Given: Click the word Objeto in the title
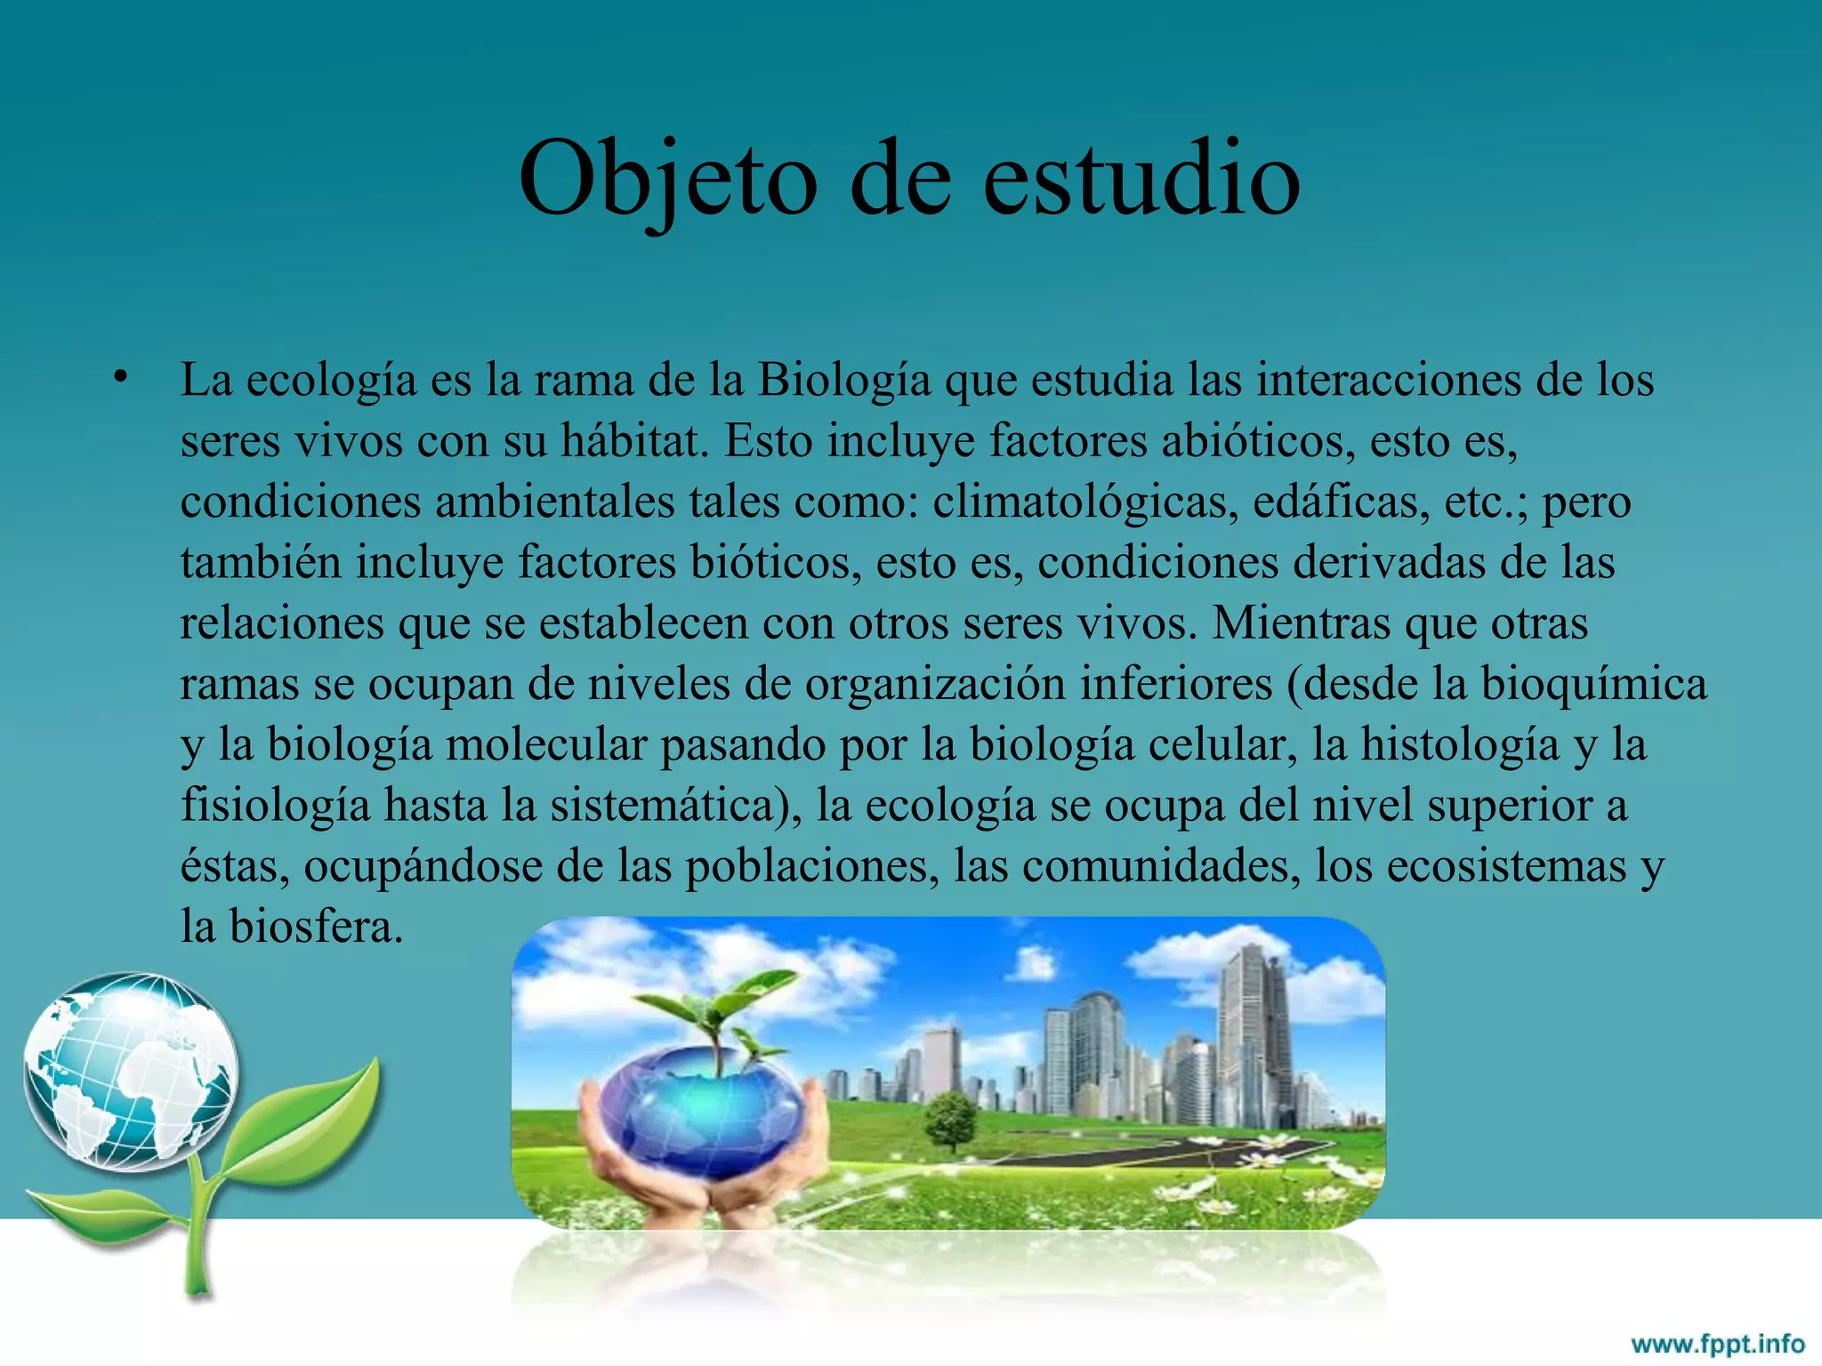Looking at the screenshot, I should pyautogui.click(x=667, y=181).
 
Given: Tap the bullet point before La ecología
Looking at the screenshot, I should pyautogui.click(x=121, y=377).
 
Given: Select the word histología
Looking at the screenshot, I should pyautogui.click(x=1459, y=745).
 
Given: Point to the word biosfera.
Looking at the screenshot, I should pyautogui.click(x=316, y=927).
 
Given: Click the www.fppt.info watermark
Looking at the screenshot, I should pyautogui.click(x=1716, y=1343).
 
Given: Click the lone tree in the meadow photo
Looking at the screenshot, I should pyautogui.click(x=951, y=1120).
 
